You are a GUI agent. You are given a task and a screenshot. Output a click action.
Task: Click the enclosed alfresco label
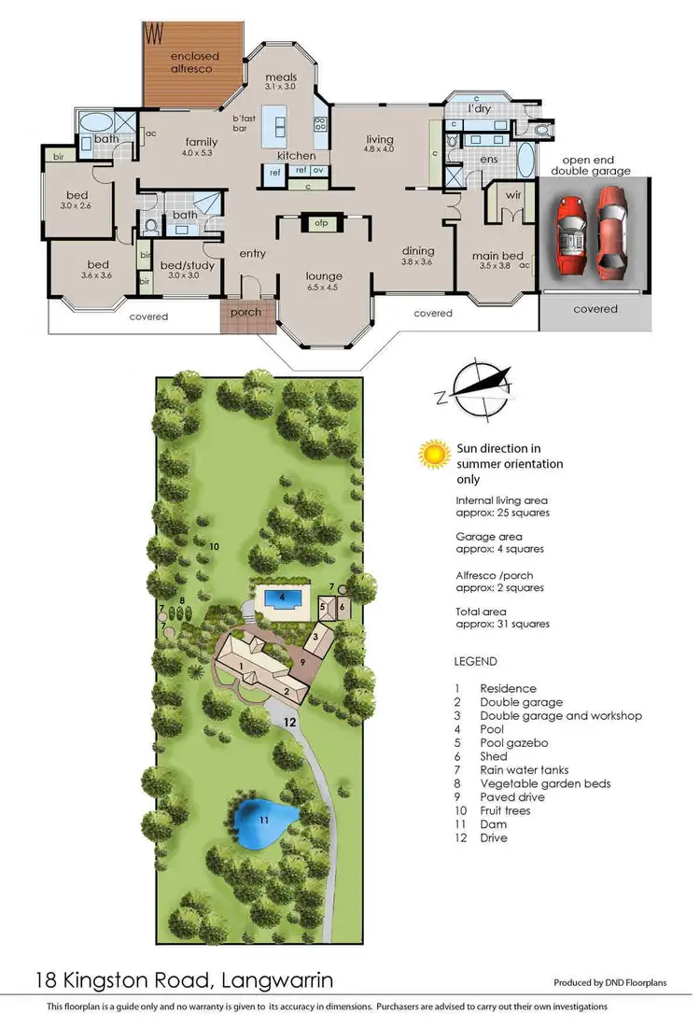192,62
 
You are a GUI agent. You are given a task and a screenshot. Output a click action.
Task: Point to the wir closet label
511,196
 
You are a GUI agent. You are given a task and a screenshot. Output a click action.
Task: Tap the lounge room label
324,276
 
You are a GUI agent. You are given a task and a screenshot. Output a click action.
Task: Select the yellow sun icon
433,455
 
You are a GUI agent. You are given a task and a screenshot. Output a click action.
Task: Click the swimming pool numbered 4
282,598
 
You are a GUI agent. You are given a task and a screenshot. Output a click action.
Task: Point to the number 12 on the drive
289,722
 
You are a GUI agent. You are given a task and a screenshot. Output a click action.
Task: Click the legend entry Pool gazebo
513,743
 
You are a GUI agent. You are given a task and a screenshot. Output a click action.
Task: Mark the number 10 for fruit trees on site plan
214,545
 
